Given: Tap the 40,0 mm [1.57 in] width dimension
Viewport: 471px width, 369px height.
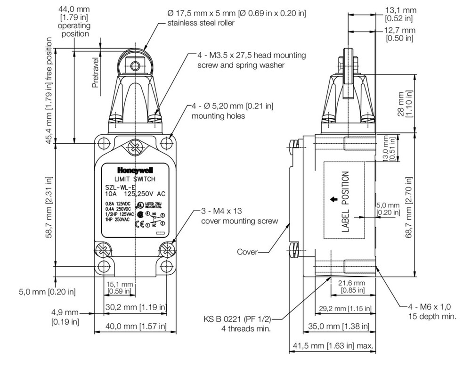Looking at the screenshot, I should (135, 326).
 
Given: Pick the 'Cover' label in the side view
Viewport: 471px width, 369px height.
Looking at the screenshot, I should (247, 252).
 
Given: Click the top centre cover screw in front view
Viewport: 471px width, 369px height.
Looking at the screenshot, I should (135, 147).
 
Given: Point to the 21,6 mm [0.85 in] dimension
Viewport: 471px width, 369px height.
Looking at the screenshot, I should (352, 286).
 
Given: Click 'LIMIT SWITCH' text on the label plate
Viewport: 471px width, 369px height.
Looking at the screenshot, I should (135, 180).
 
